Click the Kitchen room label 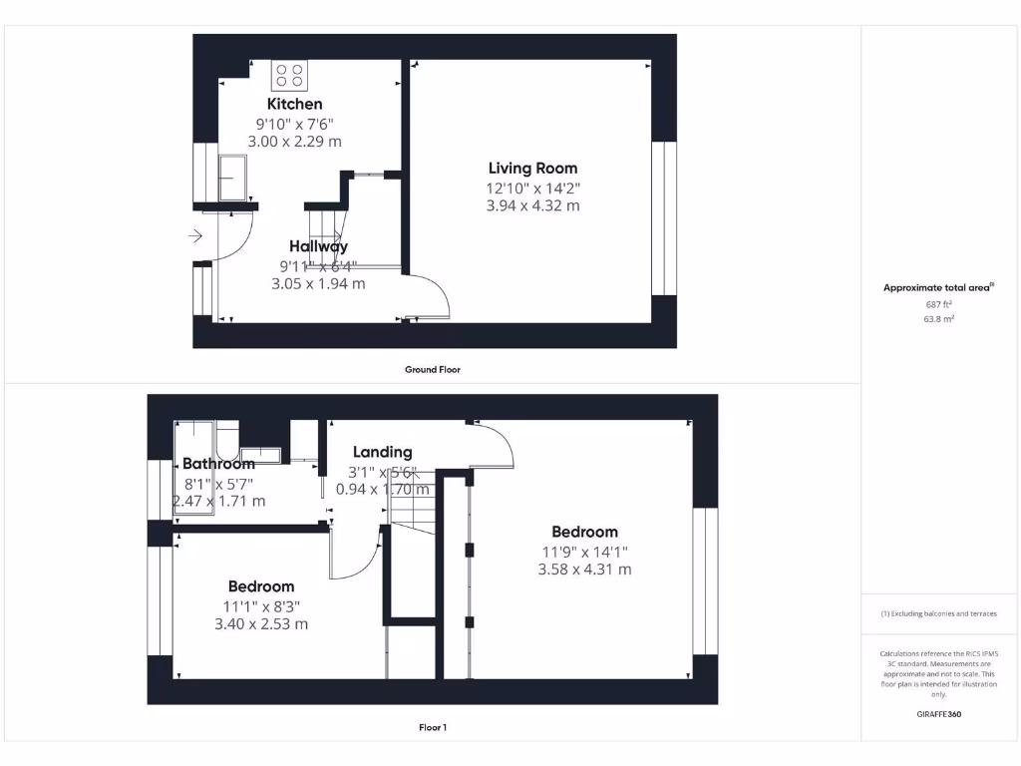[294, 104]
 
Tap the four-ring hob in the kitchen [290, 76]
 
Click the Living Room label [532, 169]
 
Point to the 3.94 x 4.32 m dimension [532, 206]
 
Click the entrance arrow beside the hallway [194, 236]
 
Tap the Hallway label [318, 246]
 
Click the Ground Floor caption [432, 369]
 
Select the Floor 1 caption [432, 727]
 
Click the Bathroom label [218, 464]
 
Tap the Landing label [382, 452]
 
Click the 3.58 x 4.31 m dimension [584, 570]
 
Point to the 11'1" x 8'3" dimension [260, 605]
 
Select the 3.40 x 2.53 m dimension [260, 624]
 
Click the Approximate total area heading [938, 287]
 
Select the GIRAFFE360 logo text [938, 714]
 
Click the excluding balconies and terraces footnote [938, 613]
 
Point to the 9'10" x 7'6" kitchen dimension [294, 124]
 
